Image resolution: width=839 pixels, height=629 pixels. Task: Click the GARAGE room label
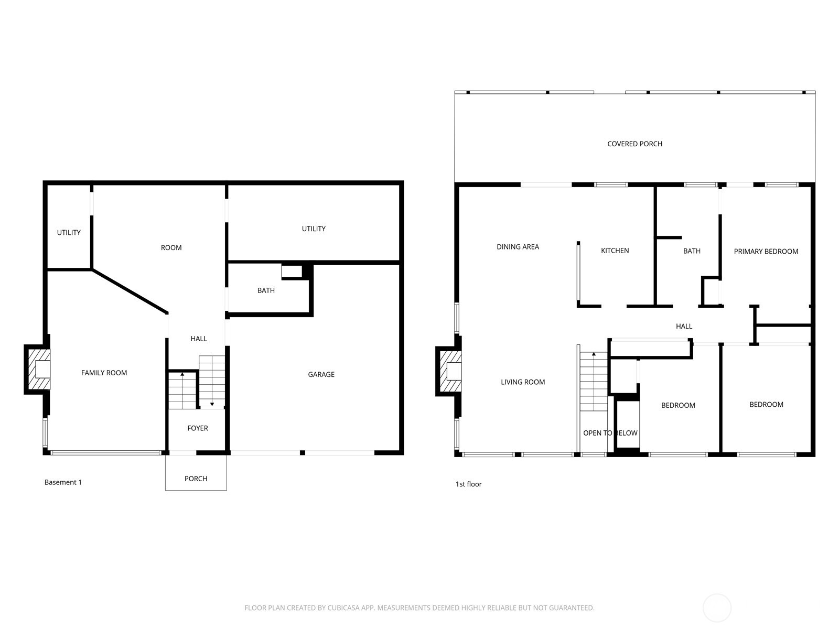321,374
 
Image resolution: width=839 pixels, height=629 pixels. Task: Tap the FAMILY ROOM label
104,373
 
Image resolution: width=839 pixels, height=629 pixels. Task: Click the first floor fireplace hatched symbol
450,372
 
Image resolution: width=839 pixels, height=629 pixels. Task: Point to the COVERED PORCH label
634,144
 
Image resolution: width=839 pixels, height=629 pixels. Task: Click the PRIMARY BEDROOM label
766,251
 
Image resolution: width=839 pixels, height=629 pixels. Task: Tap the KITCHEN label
615,251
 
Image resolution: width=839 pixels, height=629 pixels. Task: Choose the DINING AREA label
518,247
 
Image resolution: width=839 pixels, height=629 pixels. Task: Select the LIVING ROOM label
523,382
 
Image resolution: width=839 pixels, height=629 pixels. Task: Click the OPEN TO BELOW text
610,433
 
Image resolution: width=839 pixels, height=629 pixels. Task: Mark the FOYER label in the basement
198,428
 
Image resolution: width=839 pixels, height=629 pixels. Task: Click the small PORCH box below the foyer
196,478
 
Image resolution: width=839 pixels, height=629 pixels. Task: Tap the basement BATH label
266,290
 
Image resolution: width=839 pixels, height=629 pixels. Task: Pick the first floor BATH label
692,251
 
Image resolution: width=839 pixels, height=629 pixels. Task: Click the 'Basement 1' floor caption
63,482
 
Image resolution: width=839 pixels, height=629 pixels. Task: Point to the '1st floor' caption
468,484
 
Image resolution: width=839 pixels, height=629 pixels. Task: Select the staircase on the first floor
594,382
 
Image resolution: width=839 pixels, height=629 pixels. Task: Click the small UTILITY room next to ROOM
69,232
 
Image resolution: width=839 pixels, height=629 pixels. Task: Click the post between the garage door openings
303,452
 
